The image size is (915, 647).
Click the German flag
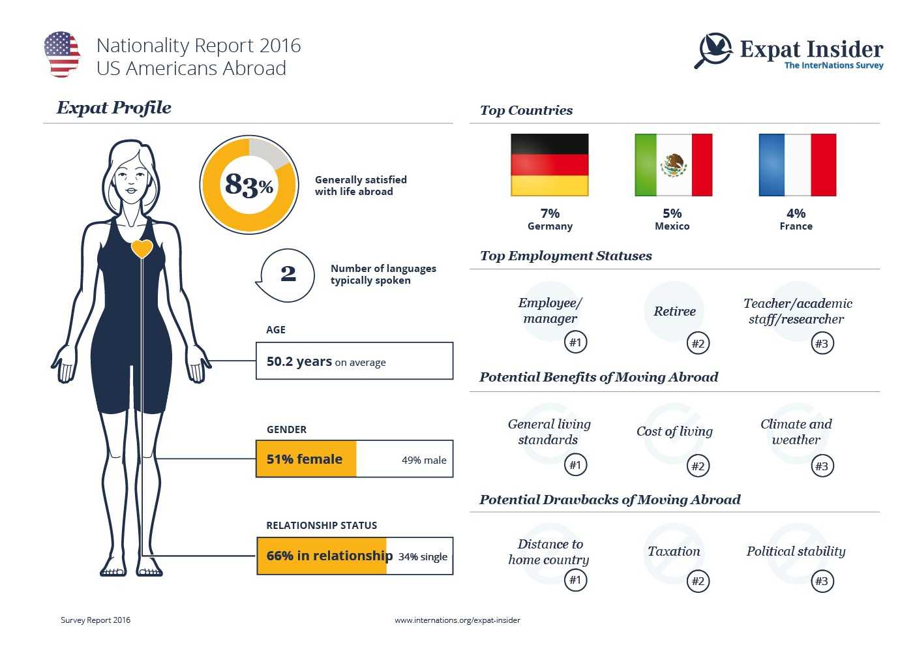pyautogui.click(x=549, y=165)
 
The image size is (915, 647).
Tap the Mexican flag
pyautogui.click(x=673, y=165)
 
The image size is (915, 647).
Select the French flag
pyautogui.click(x=797, y=165)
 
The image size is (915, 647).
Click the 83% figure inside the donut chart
pyautogui.click(x=248, y=185)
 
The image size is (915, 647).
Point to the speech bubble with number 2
pyautogui.click(x=287, y=275)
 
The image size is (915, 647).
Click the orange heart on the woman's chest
pyautogui.click(x=142, y=248)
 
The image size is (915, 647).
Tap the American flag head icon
pyautogui.click(x=62, y=54)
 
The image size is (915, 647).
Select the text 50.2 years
pyautogui.click(x=299, y=361)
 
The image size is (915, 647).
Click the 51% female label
pyautogui.click(x=304, y=459)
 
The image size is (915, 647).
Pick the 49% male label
pyautogui.click(x=424, y=460)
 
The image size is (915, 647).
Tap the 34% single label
pyautogui.click(x=423, y=556)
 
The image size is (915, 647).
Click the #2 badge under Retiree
pyautogui.click(x=698, y=343)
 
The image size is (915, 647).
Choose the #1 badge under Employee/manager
pyautogui.click(x=575, y=342)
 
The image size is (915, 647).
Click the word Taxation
pyautogui.click(x=674, y=551)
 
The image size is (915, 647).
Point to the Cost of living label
pyautogui.click(x=674, y=431)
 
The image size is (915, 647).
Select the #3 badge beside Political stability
pyautogui.click(x=822, y=581)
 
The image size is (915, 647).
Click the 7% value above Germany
pyautogui.click(x=550, y=213)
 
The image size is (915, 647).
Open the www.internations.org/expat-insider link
pyautogui.click(x=457, y=620)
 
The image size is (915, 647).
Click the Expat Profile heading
pyautogui.click(x=114, y=108)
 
